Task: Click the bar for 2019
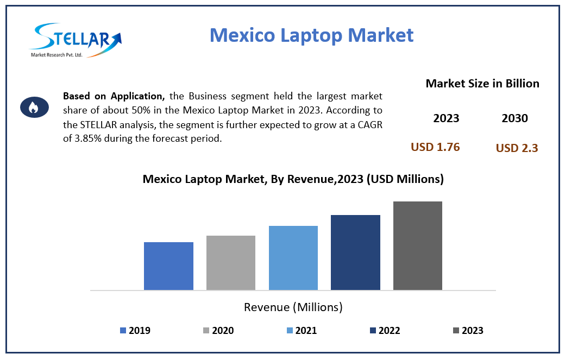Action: click(x=168, y=266)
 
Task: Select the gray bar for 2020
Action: click(x=230, y=262)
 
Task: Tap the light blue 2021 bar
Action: click(x=293, y=257)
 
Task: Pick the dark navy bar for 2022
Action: click(x=355, y=252)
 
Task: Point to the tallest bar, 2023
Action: click(x=417, y=245)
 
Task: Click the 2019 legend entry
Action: click(x=135, y=330)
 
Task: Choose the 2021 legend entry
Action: click(x=301, y=330)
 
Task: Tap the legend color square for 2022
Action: click(x=373, y=330)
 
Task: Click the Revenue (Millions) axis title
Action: click(x=293, y=307)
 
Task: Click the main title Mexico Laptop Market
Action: click(x=311, y=35)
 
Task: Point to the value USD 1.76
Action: click(x=435, y=147)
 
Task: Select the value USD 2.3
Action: click(x=517, y=148)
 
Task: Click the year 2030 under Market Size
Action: click(x=514, y=118)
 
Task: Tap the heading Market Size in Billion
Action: click(x=482, y=84)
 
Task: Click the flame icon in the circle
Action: click(x=33, y=108)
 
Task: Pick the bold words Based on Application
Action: click(x=114, y=96)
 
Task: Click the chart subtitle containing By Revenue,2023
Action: click(x=293, y=179)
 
